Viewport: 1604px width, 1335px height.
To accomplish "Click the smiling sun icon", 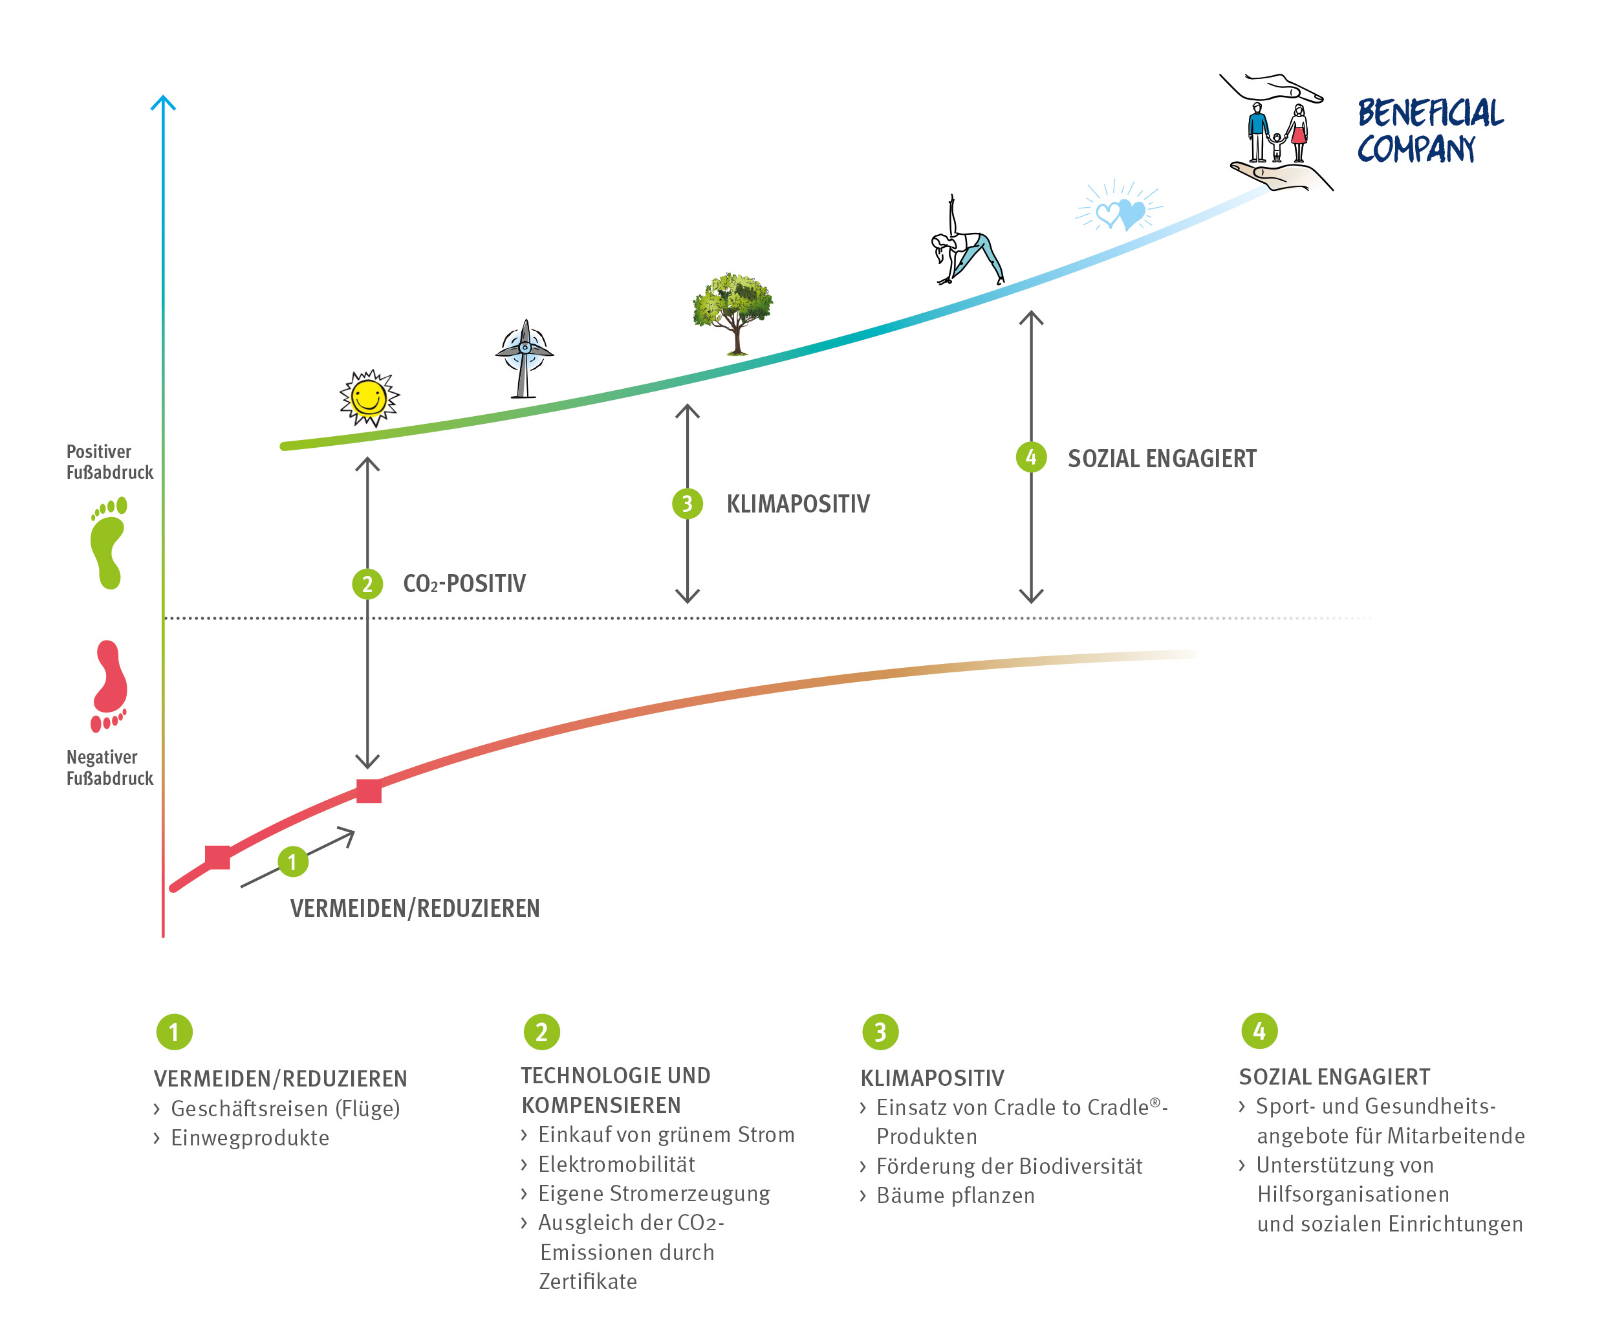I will (x=369, y=397).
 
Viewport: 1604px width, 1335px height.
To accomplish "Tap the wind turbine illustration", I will (x=524, y=358).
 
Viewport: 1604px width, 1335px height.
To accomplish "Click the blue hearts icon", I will (x=1120, y=211).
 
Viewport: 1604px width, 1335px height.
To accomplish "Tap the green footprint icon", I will (x=109, y=542).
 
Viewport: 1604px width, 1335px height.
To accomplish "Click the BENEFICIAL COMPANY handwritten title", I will (x=1428, y=131).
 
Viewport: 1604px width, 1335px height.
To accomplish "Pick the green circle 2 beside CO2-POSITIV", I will (x=367, y=584).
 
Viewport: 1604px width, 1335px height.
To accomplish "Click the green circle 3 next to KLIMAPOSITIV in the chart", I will (x=688, y=503).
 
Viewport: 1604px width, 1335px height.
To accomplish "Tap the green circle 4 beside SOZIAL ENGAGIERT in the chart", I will (x=1031, y=458).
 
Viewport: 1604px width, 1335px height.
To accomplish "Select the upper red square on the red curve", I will (x=369, y=791).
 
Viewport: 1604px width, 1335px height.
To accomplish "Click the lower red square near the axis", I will (x=218, y=857).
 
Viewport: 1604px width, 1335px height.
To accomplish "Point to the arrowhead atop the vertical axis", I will (x=163, y=102).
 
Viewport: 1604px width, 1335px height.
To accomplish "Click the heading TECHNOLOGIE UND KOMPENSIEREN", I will (x=616, y=1090).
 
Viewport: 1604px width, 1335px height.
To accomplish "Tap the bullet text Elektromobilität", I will (x=616, y=1164).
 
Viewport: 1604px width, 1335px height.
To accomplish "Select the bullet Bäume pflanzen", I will (x=955, y=1195).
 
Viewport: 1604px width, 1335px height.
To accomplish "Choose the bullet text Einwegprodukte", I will (x=250, y=1138).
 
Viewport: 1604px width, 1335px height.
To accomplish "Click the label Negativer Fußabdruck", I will (x=109, y=767).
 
